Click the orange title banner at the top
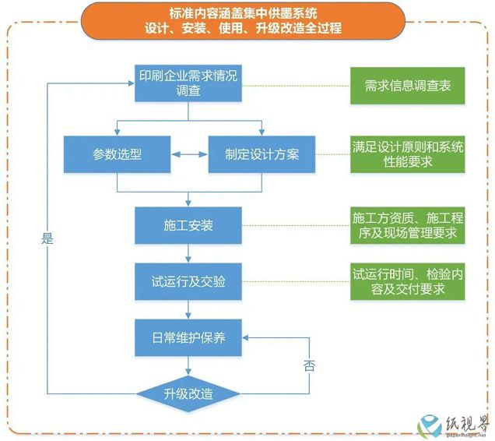tap(243, 21)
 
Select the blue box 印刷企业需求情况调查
tap(188, 83)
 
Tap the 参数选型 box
tap(117, 154)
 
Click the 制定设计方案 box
tap(262, 154)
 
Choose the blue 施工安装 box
tap(188, 225)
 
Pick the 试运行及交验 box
tap(188, 281)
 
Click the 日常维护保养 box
tap(188, 337)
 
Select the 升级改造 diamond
tap(188, 394)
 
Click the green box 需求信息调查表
tap(408, 86)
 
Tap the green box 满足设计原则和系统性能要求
tap(408, 154)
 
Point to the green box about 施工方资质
tap(408, 225)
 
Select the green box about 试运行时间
tap(408, 281)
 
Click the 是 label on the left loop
tap(47, 238)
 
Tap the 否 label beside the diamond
tap(310, 365)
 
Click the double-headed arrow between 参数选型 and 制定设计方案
tap(189, 154)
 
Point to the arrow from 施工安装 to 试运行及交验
tap(188, 253)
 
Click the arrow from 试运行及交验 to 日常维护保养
tap(188, 310)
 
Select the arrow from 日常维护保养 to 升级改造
tap(188, 366)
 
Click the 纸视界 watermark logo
tap(455, 425)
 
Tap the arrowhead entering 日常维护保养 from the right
tap(245, 337)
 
